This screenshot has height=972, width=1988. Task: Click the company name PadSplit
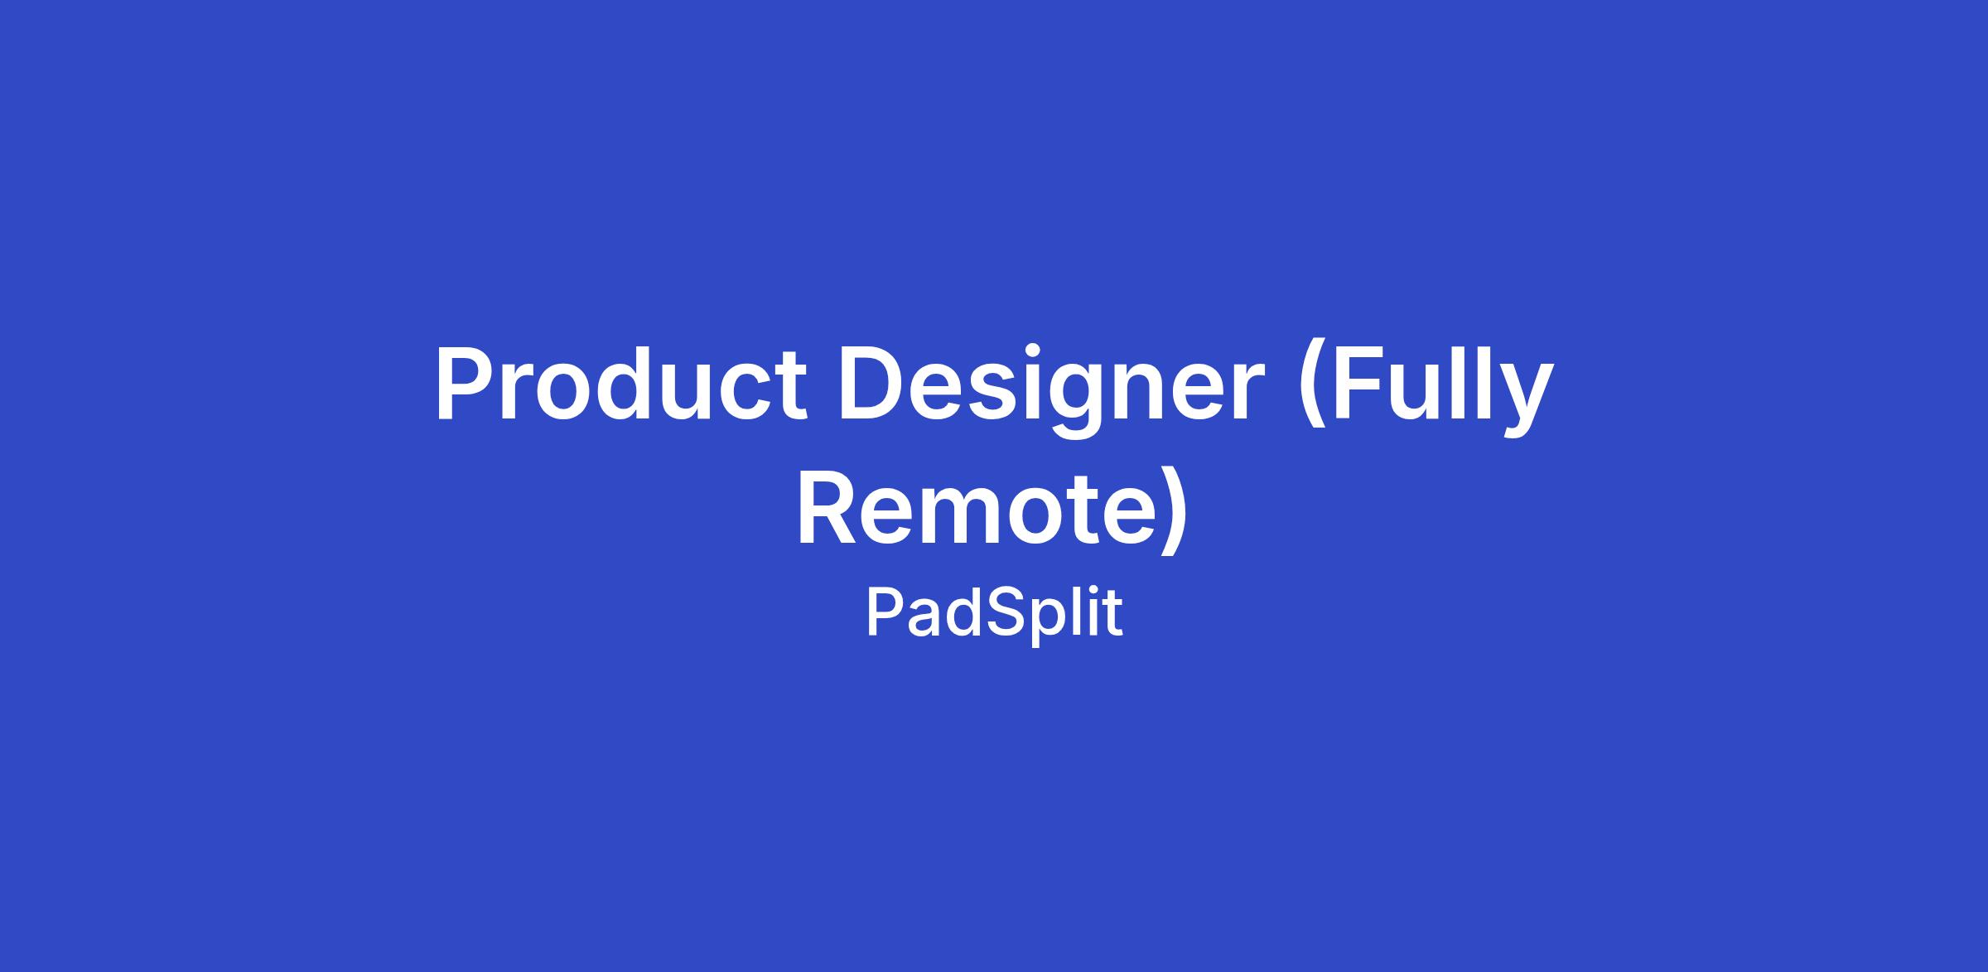[x=994, y=612]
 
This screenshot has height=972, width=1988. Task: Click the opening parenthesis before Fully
[x=1313, y=389]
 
